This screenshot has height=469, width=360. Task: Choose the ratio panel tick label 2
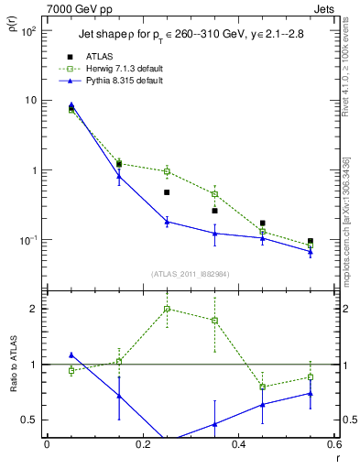click(33, 309)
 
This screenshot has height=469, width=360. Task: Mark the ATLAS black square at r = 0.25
click(167, 192)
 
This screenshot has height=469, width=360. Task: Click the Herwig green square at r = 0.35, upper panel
click(214, 194)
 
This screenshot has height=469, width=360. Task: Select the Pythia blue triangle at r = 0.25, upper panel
click(167, 222)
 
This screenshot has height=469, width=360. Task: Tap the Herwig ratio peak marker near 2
click(167, 309)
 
